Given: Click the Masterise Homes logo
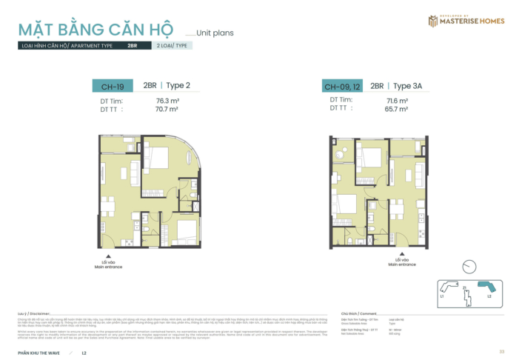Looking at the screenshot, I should click(466, 21).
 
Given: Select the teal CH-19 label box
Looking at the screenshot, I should click(113, 86).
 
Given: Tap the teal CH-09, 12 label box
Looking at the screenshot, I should click(341, 86).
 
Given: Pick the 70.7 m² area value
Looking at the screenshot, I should click(167, 110).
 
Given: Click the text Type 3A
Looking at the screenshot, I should click(407, 86).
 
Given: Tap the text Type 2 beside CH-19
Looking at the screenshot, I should click(178, 86).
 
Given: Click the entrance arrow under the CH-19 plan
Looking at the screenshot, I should click(108, 256).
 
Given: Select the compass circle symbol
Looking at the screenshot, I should click(468, 267).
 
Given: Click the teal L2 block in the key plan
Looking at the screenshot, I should click(486, 287).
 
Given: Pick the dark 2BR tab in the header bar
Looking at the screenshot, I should click(133, 46).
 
